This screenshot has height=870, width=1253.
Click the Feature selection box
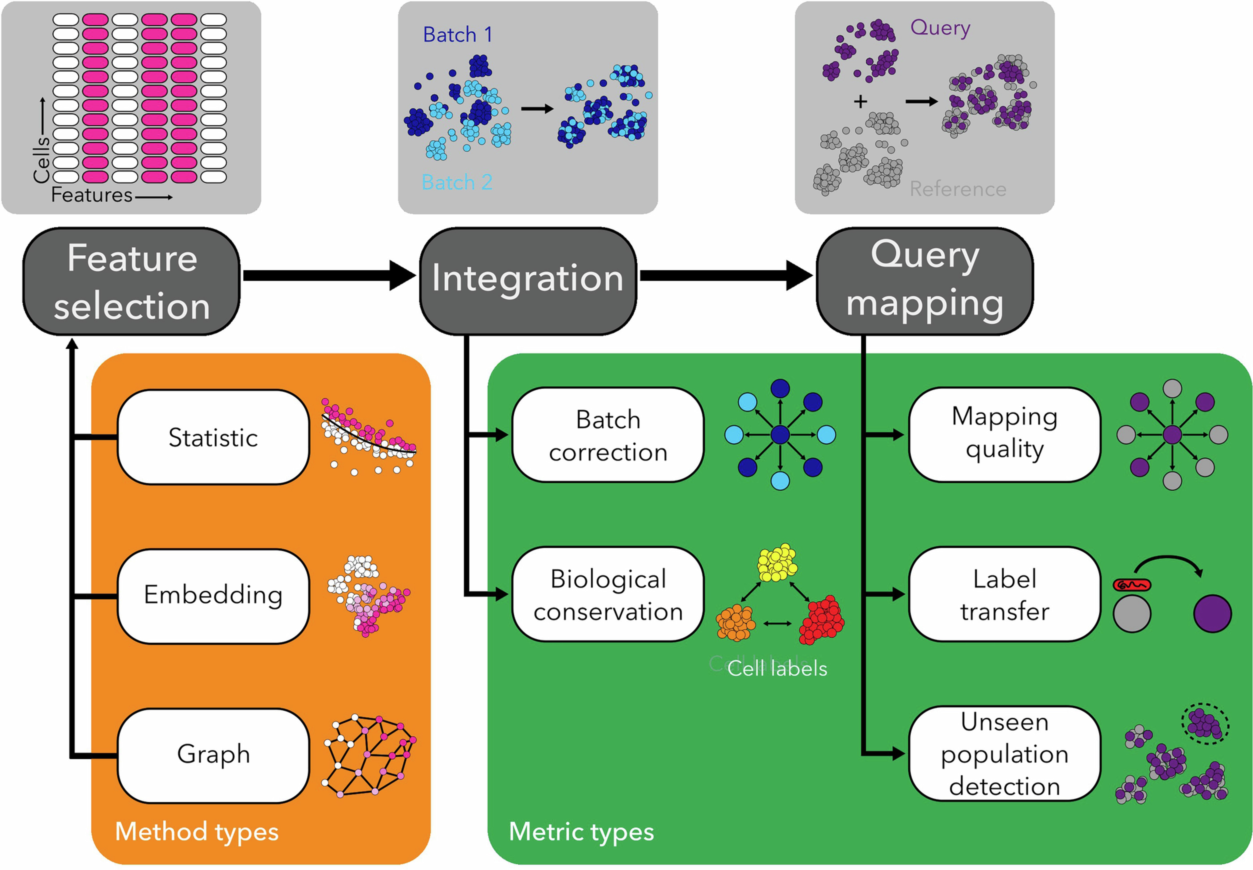131,281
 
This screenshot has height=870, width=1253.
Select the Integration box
528,281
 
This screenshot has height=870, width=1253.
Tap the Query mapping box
924,281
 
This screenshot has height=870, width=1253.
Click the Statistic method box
213,437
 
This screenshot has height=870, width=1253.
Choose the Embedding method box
213,595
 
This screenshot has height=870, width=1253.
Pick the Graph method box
213,755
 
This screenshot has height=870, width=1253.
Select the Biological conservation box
608,595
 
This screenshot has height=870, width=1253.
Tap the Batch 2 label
457,182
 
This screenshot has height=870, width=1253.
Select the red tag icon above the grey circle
1132,585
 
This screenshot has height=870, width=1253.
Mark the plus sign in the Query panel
860,101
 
